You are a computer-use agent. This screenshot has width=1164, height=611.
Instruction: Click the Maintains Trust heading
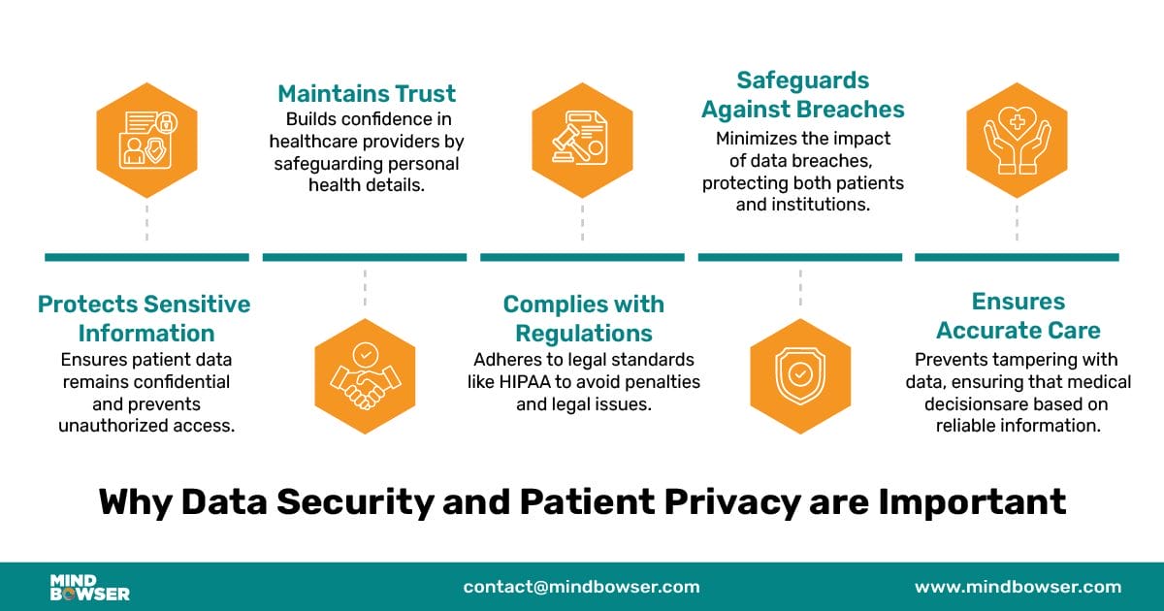coord(367,94)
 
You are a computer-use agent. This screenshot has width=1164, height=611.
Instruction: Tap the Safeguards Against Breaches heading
coord(803,95)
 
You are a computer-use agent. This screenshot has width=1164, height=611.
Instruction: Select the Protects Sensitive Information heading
coord(145,318)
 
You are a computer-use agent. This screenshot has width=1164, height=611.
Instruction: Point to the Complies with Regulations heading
coord(584,318)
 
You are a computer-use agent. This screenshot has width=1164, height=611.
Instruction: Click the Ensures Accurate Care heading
coord(1018,316)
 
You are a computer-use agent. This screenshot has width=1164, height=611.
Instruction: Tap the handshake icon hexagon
coord(365,376)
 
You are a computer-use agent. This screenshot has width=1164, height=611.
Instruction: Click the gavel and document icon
coord(582,141)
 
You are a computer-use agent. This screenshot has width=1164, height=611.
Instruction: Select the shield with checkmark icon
coord(800,376)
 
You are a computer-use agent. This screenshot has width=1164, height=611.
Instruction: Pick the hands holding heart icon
coord(1017,141)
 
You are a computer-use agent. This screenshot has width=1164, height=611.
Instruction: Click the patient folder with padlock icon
coord(147,141)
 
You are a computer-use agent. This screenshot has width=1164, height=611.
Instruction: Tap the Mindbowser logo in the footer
coord(89,588)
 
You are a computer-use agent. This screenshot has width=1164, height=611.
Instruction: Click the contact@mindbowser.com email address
coord(581,587)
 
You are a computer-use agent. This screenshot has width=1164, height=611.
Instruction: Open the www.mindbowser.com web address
coord(1018,587)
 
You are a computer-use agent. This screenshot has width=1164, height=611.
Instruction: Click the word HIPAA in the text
coord(525,382)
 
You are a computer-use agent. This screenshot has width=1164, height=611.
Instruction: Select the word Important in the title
coord(972,502)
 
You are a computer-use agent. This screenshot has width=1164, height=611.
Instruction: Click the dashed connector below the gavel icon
coord(582,222)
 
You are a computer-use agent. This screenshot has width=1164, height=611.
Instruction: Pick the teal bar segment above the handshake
coord(365,257)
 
